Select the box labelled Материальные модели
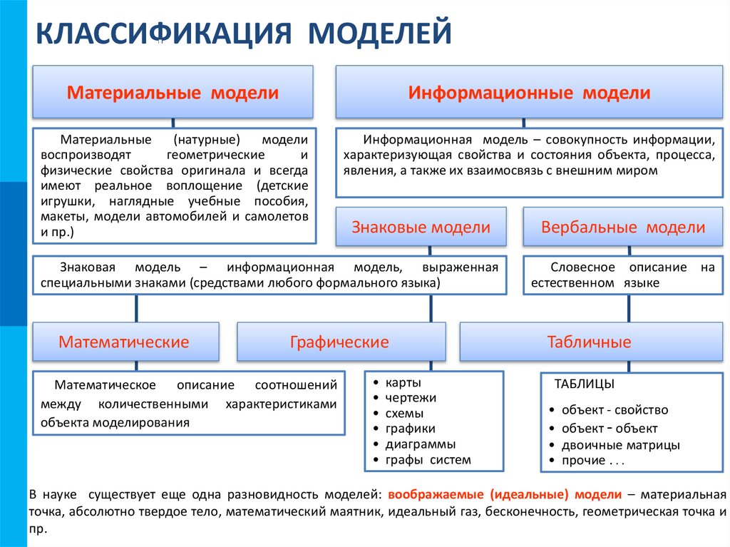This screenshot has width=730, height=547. [173, 93]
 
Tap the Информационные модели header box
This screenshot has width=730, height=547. [528, 93]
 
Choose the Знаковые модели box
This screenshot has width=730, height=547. [421, 228]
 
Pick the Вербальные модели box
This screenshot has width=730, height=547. [622, 228]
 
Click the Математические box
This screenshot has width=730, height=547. [123, 342]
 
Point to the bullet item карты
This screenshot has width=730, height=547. [402, 382]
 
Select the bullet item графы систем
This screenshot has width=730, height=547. [428, 460]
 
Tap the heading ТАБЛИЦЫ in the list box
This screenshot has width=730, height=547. [585, 385]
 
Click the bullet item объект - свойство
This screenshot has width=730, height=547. [615, 410]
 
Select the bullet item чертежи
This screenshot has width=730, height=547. [411, 398]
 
